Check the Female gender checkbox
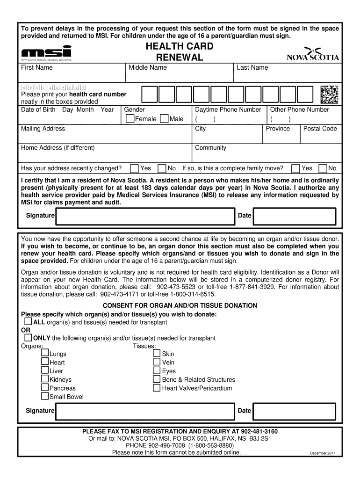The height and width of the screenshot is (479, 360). pyautogui.click(x=130, y=119)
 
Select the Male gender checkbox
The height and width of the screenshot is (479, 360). pyautogui.click(x=164, y=119)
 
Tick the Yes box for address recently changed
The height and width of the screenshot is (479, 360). pyautogui.click(x=135, y=168)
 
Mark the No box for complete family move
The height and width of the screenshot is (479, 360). pyautogui.click(x=323, y=168)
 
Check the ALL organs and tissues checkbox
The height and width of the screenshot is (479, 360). pyautogui.click(x=28, y=322)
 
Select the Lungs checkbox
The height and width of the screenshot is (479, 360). pyautogui.click(x=45, y=354)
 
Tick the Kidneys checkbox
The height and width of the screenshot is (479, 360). pyautogui.click(x=45, y=379)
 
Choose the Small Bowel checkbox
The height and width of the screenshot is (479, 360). pyautogui.click(x=45, y=396)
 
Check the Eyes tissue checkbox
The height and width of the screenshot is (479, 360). pyautogui.click(x=157, y=371)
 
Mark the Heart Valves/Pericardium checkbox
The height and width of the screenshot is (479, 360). pyautogui.click(x=157, y=388)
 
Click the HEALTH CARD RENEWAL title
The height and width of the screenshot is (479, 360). pyautogui.click(x=180, y=52)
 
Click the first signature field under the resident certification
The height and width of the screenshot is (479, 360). pyautogui.click(x=145, y=216)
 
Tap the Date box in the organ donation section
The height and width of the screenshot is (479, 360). pyautogui.click(x=294, y=411)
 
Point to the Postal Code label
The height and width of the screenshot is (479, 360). pyautogui.click(x=320, y=129)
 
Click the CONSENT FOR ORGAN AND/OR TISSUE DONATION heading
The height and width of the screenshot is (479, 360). pyautogui.click(x=180, y=305)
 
